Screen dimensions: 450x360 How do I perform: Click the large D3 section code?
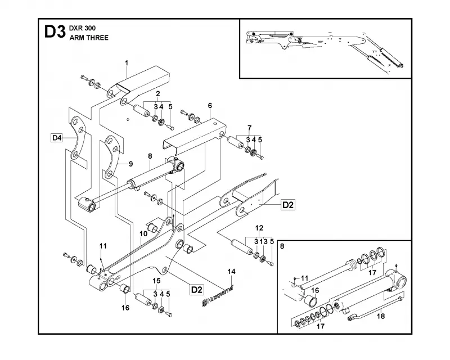coord(55,32)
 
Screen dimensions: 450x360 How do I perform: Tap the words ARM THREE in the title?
coord(89,38)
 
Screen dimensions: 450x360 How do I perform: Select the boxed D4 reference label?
coord(57,138)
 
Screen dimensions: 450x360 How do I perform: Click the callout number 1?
coord(127,63)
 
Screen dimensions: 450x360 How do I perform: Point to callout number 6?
coord(210,106)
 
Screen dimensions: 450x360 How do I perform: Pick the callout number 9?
coord(131,164)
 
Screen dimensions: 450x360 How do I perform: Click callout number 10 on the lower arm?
coord(143,233)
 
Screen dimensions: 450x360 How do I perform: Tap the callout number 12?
coord(259,228)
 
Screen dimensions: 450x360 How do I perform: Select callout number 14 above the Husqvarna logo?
coord(232,272)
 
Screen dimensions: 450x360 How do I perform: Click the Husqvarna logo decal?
coord(217,296)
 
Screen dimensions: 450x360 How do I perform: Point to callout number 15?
coord(156,281)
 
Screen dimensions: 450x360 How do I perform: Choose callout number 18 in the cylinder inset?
coord(381,316)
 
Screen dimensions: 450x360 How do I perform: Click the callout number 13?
coord(264,242)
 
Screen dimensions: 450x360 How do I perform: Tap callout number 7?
coord(249,128)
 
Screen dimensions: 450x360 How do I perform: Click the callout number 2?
coord(158,93)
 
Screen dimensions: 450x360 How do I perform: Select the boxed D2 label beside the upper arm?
coord(288,205)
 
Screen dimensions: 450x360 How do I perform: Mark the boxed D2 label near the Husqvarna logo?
coord(197,289)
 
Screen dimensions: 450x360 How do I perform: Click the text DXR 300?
coord(82,28)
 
